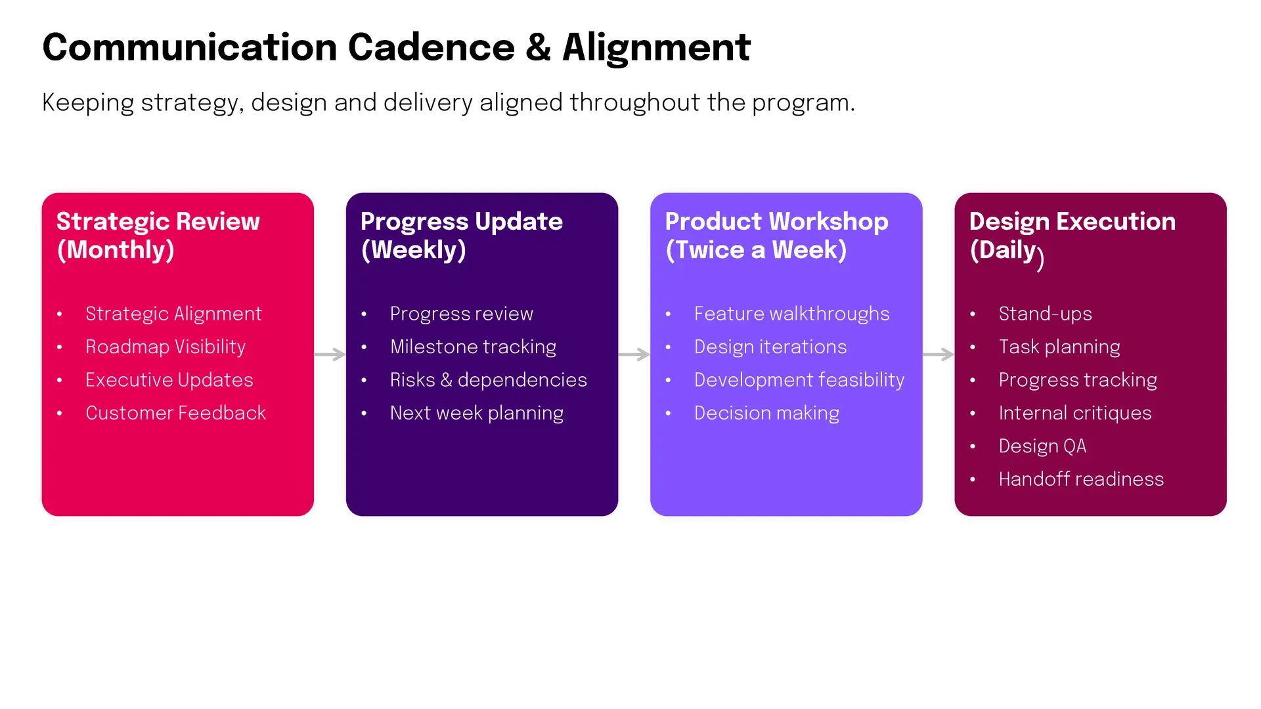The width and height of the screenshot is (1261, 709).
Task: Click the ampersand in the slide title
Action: click(538, 48)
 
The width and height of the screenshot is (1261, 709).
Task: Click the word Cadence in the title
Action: click(431, 48)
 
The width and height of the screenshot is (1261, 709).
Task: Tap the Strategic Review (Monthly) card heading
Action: click(158, 236)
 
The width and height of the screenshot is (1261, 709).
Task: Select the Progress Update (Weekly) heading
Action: click(462, 236)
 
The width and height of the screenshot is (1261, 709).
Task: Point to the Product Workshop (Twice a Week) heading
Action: click(776, 236)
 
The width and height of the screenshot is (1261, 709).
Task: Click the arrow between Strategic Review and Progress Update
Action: click(330, 354)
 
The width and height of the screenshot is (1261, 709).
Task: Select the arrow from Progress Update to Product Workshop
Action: click(634, 354)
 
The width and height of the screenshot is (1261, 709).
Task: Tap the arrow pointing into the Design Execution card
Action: click(938, 354)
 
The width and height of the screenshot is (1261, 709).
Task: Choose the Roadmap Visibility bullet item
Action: click(166, 347)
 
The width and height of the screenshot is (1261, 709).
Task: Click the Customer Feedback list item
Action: click(175, 413)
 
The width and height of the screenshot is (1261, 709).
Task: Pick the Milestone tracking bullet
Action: click(473, 347)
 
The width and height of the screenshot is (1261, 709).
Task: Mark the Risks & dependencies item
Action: click(488, 380)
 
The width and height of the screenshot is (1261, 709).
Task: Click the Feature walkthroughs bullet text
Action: click(791, 314)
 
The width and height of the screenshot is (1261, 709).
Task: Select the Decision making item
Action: click(766, 414)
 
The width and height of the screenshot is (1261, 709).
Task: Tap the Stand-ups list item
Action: click(1045, 314)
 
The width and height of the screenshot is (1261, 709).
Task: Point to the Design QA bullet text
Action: click(1042, 446)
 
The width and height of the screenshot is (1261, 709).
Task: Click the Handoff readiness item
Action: click(1081, 479)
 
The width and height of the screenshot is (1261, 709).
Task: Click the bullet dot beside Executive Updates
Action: click(60, 380)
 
